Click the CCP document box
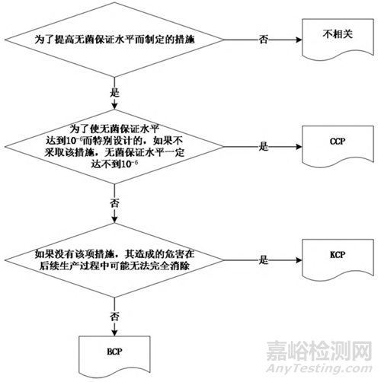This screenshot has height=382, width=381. [x=338, y=145]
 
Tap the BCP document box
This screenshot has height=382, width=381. [x=114, y=355]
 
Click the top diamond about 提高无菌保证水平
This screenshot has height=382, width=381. [x=114, y=40]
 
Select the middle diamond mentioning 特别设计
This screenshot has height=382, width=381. [x=114, y=147]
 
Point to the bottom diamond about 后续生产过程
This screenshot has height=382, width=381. [x=114, y=260]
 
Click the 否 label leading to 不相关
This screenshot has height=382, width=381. [x=264, y=40]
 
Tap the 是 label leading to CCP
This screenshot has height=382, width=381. [x=264, y=147]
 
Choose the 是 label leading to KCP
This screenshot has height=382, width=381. [x=264, y=260]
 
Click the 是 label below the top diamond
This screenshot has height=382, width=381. [x=114, y=93]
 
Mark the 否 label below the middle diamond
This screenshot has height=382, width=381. [x=114, y=203]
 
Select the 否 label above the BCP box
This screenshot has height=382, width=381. [x=114, y=317]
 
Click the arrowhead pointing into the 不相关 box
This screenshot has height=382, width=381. [x=299, y=40]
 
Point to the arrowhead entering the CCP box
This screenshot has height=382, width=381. [x=299, y=147]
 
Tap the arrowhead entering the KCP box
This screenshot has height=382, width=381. [x=299, y=260]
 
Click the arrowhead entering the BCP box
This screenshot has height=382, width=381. [x=114, y=333]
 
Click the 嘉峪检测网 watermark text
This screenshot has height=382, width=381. [x=319, y=352]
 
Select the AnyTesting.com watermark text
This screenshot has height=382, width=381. [x=319, y=368]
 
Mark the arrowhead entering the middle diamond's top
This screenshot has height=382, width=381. [x=114, y=107]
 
